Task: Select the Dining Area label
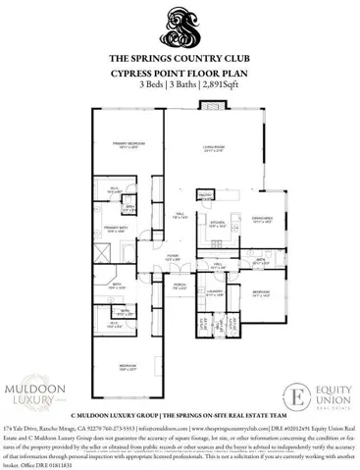point(262,221)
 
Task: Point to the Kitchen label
point(219,223)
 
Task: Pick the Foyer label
point(172,257)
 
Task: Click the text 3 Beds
point(151,85)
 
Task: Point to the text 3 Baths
point(183,85)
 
